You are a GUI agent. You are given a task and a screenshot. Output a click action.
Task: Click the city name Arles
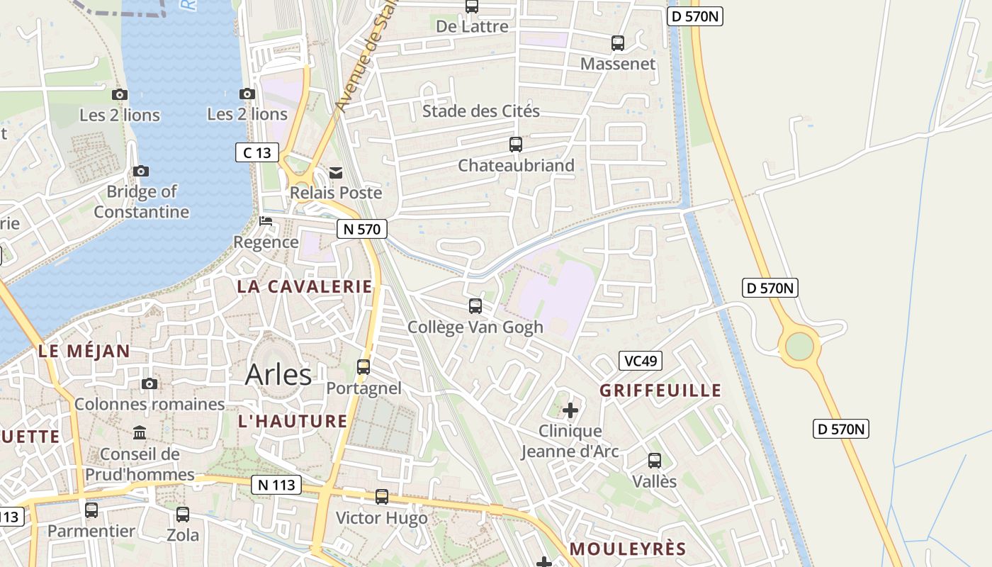pyautogui.click(x=278, y=375)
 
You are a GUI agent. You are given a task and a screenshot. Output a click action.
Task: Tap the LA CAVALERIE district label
pyautogui.click(x=304, y=286)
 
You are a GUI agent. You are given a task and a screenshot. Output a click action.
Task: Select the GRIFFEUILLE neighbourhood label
pyautogui.click(x=660, y=391)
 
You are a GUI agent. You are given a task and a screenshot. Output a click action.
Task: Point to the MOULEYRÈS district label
pyautogui.click(x=628, y=549)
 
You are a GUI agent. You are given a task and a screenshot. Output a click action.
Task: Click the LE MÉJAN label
pyautogui.click(x=84, y=351)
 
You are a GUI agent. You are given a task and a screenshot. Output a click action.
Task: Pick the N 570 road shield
pyautogui.click(x=361, y=229)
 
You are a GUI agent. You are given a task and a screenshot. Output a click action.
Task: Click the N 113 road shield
pyautogui.click(x=276, y=485)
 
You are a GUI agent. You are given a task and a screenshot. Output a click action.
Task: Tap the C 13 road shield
pyautogui.click(x=257, y=152)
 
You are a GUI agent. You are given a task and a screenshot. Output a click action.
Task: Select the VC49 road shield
pyautogui.click(x=640, y=361)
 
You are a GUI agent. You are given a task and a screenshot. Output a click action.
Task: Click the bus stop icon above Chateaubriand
pyautogui.click(x=516, y=145)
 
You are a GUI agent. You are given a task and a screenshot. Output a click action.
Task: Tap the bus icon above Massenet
pyautogui.click(x=618, y=43)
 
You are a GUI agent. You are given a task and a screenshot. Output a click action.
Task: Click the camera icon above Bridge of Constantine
pyautogui.click(x=141, y=171)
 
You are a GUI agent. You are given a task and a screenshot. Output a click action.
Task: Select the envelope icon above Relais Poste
pyautogui.click(x=336, y=173)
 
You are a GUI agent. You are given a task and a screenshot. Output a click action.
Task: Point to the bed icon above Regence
pyautogui.click(x=266, y=222)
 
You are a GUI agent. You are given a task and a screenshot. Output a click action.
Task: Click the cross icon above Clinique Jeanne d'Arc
pyautogui.click(x=570, y=410)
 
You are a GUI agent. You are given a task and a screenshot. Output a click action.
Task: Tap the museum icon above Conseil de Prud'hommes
pyautogui.click(x=140, y=433)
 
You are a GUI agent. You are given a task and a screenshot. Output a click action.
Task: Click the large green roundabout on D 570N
pyautogui.click(x=799, y=347)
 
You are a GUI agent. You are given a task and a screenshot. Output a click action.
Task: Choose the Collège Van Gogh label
pyautogui.click(x=475, y=327)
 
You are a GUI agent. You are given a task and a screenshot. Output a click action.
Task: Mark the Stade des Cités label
pyautogui.click(x=481, y=111)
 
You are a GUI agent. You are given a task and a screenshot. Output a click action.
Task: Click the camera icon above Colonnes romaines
pyautogui.click(x=150, y=384)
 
